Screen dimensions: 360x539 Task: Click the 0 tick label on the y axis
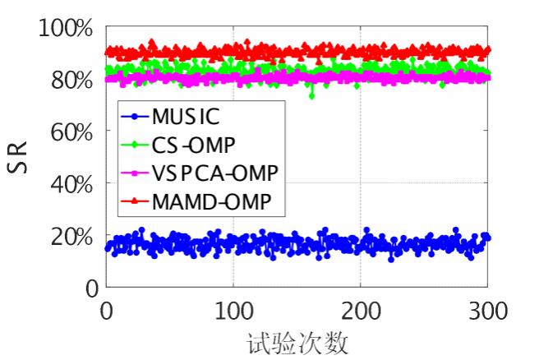90,288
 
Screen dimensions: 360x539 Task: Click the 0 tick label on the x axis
106,312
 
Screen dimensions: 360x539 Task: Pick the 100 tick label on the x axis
233,312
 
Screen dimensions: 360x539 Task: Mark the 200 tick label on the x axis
361,312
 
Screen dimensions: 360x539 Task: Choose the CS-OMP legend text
194,145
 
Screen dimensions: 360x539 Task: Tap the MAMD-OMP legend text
212,200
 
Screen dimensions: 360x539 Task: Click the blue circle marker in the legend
134,117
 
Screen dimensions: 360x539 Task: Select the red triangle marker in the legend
134,200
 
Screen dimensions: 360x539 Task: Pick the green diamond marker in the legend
134,145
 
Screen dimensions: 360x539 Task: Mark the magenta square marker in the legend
134,172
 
